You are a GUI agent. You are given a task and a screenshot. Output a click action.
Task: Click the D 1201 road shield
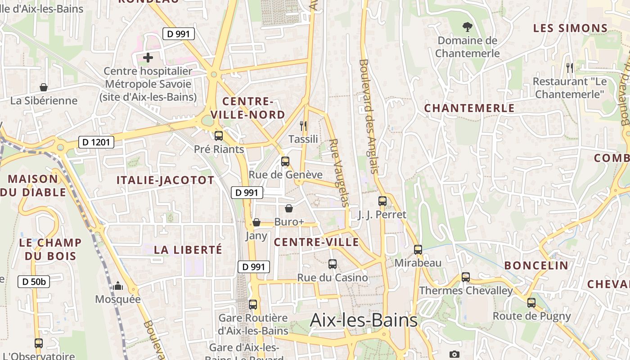(96, 143)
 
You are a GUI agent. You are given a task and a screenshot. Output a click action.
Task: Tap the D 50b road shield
(34, 282)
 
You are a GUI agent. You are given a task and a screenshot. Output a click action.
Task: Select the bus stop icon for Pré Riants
(219, 135)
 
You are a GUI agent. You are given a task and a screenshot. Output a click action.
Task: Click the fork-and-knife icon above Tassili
(303, 126)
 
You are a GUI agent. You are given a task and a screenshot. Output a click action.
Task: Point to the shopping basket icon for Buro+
(289, 208)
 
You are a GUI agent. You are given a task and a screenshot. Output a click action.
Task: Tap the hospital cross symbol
(148, 58)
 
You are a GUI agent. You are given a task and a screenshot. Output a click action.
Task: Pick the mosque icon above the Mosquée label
(118, 286)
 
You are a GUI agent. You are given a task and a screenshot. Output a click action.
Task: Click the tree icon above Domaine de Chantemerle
(468, 27)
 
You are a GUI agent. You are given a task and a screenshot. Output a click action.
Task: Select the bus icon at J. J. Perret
(382, 201)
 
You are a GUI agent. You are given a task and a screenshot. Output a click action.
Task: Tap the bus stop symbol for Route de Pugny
(531, 303)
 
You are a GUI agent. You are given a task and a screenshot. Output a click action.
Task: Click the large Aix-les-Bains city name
(364, 320)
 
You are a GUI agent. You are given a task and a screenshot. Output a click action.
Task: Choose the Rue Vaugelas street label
(339, 172)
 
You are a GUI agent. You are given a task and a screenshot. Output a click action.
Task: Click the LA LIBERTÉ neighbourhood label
(188, 250)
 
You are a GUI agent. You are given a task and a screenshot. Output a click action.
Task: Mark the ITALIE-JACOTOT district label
(166, 180)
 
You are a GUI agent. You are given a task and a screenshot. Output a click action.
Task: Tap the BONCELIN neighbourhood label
(536, 265)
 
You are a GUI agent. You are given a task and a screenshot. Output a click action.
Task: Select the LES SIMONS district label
(571, 28)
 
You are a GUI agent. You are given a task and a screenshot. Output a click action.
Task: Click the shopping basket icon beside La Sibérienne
(44, 87)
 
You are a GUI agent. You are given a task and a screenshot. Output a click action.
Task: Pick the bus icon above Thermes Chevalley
(466, 277)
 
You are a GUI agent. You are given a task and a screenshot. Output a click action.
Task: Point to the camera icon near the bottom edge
(454, 355)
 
